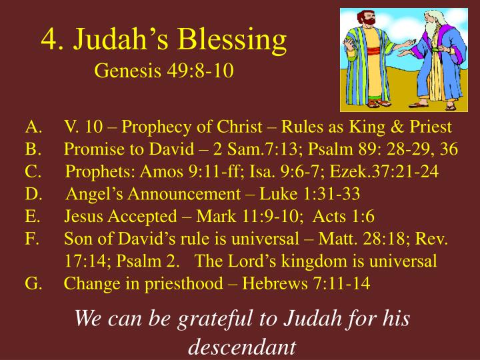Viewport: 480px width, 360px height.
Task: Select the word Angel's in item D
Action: pos(91,193)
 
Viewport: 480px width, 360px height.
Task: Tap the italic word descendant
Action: pos(241,347)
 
